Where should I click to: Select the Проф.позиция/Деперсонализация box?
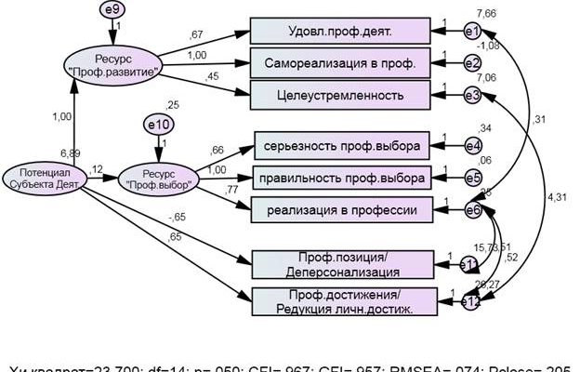[343, 264]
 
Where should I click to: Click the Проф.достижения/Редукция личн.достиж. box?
[343, 300]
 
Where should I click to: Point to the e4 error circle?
[472, 145]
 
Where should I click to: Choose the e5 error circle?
[472, 177]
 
